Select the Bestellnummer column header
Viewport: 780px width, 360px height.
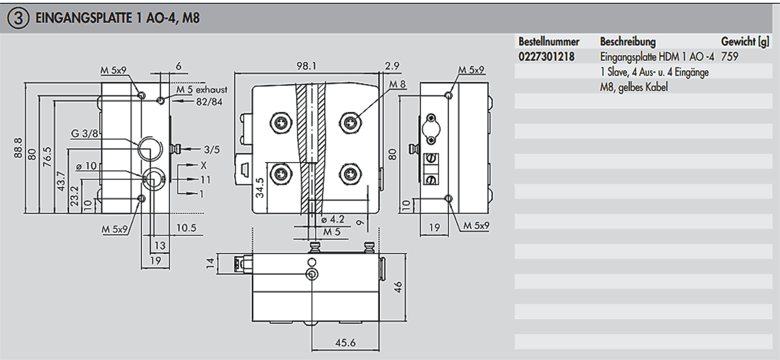[x=548, y=42]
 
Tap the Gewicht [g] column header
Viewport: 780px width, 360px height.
[x=745, y=42]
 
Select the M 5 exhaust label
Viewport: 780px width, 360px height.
[x=202, y=90]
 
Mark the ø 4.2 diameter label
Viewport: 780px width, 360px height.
[x=332, y=220]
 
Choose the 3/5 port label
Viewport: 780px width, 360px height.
[x=211, y=148]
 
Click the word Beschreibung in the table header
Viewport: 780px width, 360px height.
[x=628, y=42]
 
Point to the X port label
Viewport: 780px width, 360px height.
[x=205, y=164]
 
